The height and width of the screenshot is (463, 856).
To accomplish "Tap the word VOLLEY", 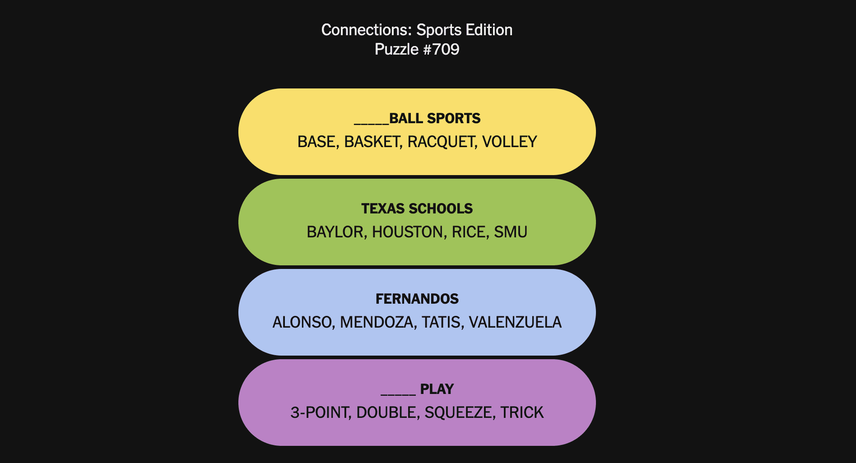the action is point(510,142).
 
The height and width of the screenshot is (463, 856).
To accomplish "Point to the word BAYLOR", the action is point(337,232).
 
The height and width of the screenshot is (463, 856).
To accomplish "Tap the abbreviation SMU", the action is point(511,232).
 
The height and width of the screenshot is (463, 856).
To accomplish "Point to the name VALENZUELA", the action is point(515,322).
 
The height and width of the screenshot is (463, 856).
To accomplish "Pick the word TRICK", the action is point(522,412).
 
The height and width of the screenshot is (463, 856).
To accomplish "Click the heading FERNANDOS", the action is point(417,299).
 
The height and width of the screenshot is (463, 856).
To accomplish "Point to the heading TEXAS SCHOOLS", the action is point(417,208).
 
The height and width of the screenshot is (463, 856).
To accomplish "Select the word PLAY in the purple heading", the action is point(437,389).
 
